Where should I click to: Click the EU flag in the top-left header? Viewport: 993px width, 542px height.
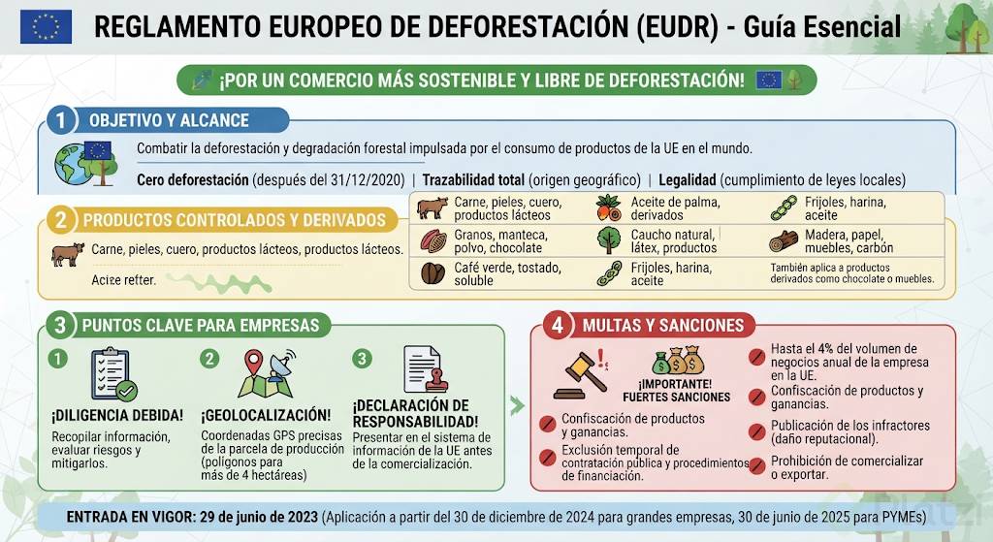coord(46,26)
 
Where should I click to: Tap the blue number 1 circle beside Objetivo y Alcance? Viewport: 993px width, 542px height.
coord(61,119)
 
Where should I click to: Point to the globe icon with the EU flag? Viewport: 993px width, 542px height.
coord(85,163)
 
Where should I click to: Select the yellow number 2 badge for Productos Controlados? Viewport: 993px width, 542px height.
coord(61,220)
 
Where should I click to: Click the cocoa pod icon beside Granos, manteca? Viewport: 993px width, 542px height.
coord(433,240)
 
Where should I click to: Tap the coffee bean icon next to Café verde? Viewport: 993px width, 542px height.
coord(433,272)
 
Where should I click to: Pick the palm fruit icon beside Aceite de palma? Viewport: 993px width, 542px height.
coord(609,207)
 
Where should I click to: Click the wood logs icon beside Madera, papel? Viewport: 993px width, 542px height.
coord(784,241)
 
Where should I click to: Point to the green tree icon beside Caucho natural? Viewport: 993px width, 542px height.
coord(609,240)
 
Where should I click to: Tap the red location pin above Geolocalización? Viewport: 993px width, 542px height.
coord(253,363)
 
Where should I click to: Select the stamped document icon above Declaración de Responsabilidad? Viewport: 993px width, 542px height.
coord(426,369)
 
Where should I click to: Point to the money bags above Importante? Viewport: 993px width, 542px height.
coord(678,360)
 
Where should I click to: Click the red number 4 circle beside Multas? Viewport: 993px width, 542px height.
coord(558,325)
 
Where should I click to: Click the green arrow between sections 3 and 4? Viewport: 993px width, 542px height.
coord(518,406)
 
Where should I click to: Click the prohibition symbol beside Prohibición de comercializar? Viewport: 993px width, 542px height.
coord(756,466)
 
